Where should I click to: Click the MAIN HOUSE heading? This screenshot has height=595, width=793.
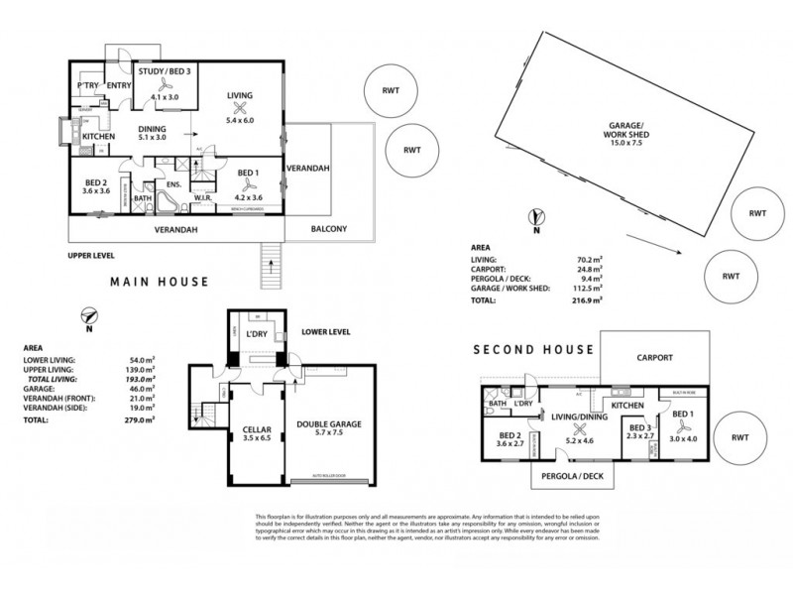pos(159,282)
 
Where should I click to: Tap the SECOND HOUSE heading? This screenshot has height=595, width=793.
pos(533,349)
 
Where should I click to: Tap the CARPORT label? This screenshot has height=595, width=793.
pos(655,357)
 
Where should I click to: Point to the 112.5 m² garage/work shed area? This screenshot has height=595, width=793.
pos(583,289)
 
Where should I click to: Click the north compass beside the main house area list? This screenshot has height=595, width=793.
pos(89,317)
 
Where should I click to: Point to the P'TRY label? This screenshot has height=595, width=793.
pos(86,84)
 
